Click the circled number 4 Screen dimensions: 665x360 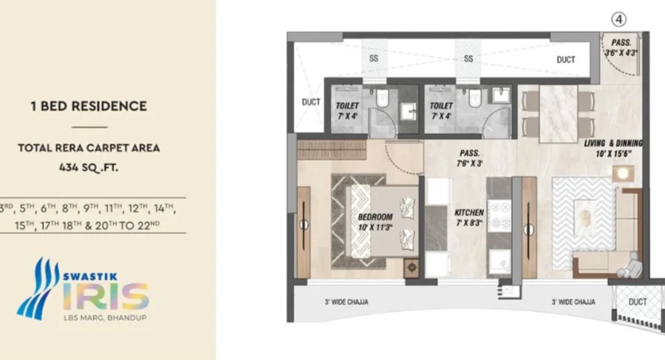(x=618, y=19)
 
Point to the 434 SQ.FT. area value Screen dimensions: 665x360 (x=89, y=168)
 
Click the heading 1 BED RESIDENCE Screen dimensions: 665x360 (x=89, y=106)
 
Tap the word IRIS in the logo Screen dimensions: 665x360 (x=106, y=296)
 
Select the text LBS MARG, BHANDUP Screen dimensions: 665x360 (x=105, y=318)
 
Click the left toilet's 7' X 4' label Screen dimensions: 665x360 (x=347, y=116)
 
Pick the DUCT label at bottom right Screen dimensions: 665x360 (x=638, y=302)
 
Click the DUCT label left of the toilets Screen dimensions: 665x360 (x=311, y=102)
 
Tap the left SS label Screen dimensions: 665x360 (x=374, y=58)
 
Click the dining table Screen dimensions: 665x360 (x=558, y=114)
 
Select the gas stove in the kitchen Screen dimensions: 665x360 (x=499, y=216)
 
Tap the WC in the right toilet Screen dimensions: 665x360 (x=476, y=98)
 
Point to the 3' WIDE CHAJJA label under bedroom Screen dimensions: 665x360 (x=347, y=302)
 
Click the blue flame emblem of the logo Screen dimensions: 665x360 (x=38, y=289)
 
